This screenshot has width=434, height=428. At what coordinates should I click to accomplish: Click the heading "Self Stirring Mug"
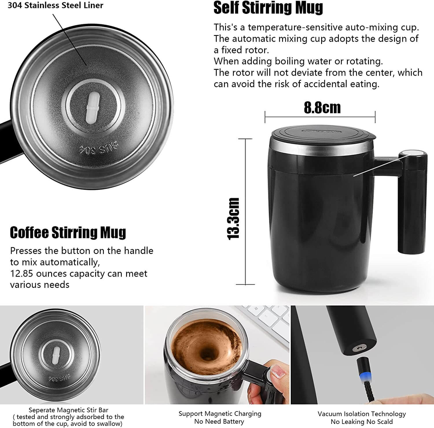click(268, 8)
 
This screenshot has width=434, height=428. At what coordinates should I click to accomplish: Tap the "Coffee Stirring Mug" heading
click(68, 233)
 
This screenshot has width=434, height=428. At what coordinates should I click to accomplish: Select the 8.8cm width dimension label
click(322, 108)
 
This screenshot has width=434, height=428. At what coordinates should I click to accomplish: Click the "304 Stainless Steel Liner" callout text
click(55, 5)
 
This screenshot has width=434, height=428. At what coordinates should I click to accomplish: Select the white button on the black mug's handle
click(413, 154)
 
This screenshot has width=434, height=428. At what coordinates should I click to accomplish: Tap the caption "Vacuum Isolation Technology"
click(362, 414)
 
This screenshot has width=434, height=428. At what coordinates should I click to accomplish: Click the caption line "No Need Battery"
click(219, 421)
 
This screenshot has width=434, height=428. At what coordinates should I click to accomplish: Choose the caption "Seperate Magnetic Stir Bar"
click(69, 410)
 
